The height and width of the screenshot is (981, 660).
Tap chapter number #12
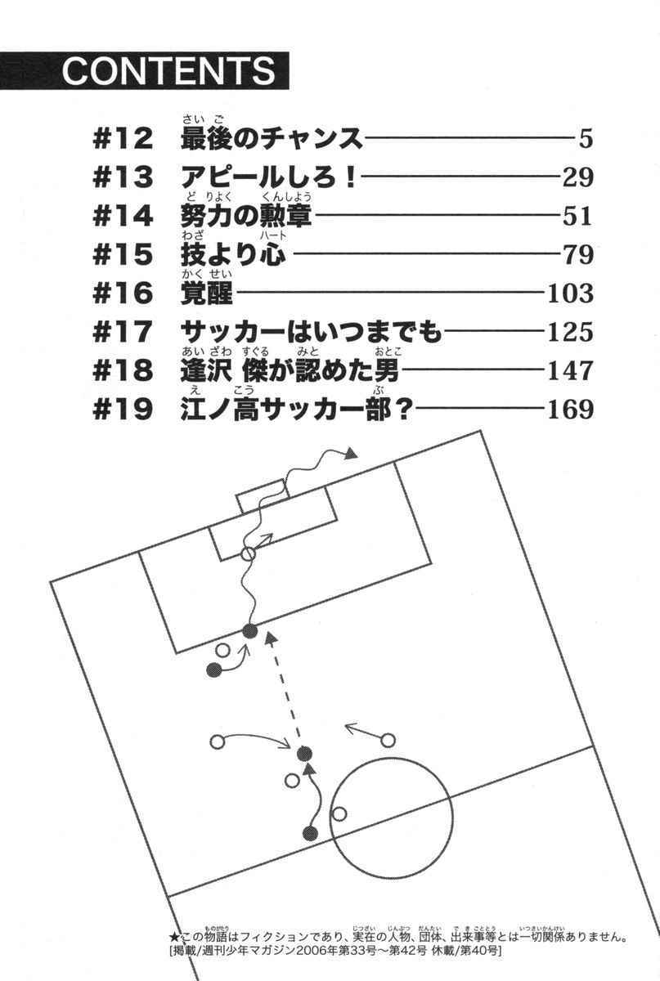[x=123, y=140]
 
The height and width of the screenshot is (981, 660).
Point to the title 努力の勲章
[x=246, y=217]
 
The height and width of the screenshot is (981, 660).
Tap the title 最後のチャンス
[x=271, y=140]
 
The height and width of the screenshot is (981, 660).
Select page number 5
[x=585, y=140]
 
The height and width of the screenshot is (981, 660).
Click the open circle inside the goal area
[x=248, y=553]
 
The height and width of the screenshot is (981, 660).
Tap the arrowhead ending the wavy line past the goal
[x=351, y=454]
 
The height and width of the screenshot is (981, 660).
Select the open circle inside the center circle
[x=339, y=813]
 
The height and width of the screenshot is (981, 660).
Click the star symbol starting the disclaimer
[x=173, y=937]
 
